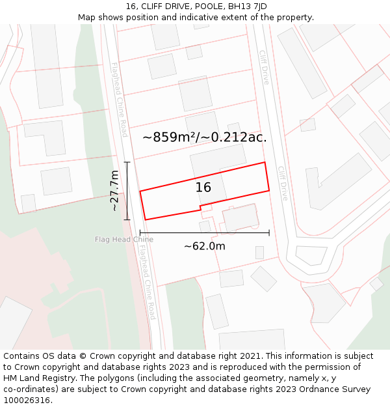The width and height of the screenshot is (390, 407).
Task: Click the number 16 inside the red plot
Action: point(203,188)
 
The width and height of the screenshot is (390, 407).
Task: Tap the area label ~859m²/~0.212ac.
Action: point(204,137)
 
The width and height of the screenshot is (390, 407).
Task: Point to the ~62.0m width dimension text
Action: point(204,246)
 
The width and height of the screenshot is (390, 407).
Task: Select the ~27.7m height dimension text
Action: point(114,191)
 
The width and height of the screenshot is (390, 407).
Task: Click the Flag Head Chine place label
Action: point(124,240)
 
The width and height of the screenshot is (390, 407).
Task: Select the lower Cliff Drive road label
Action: point(283,183)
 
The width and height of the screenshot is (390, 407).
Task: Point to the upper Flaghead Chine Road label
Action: point(119,100)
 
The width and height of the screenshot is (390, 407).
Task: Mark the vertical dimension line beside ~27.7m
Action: point(127,191)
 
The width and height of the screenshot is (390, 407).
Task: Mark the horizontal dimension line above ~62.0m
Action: point(204,232)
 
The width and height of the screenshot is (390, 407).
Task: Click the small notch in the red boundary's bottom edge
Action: point(200,208)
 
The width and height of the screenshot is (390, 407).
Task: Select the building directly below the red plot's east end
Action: point(240,217)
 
